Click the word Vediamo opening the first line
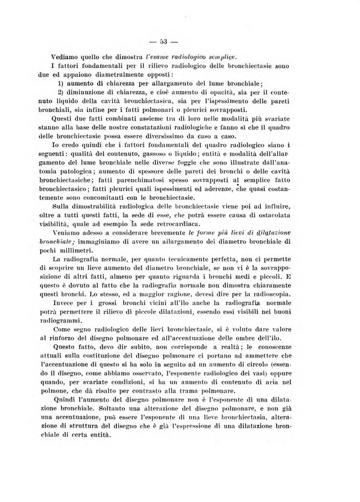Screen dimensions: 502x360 pos(65,57)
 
